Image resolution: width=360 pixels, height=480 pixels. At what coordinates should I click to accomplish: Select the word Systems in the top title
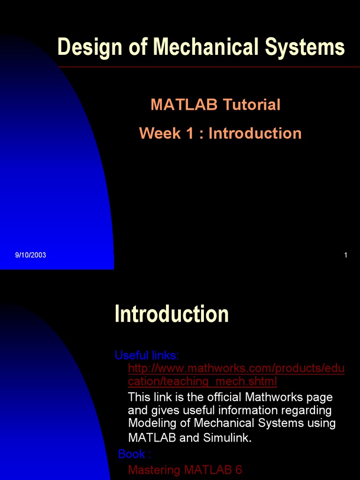pyautogui.click(x=305, y=47)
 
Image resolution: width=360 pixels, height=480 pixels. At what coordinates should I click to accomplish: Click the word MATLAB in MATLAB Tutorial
pyautogui.click(x=184, y=105)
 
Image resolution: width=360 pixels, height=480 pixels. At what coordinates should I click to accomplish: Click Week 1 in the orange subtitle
pyautogui.click(x=166, y=133)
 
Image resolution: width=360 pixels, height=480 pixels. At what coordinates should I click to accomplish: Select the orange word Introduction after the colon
pyautogui.click(x=255, y=133)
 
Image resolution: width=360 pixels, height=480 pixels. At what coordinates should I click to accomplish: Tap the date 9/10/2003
pyautogui.click(x=30, y=255)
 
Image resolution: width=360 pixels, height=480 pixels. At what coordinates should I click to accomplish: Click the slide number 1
pyautogui.click(x=345, y=255)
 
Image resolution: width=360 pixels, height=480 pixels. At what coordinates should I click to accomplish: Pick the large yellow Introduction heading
pyautogui.click(x=172, y=314)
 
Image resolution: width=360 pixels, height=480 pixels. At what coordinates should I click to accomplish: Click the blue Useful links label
pyautogui.click(x=147, y=355)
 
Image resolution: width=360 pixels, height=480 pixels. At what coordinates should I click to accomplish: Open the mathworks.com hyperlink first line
pyautogui.click(x=236, y=368)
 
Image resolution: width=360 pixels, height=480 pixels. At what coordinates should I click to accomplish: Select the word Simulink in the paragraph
pyautogui.click(x=227, y=438)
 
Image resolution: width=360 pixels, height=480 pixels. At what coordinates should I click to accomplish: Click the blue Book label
pyautogui.click(x=135, y=454)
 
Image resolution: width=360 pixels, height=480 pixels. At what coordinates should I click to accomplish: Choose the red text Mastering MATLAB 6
pyautogui.click(x=185, y=470)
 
